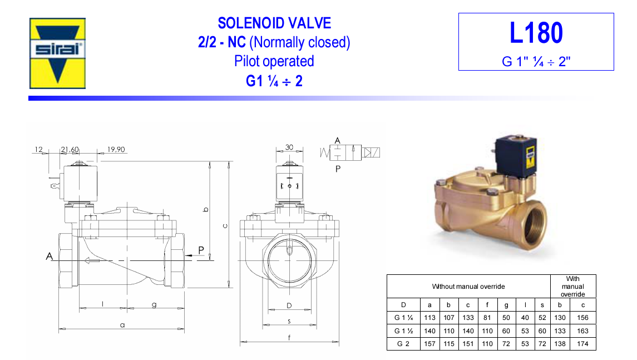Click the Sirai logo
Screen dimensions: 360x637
coord(57,53)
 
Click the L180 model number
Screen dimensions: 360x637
coord(536,33)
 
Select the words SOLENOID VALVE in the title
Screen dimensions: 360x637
coord(274,23)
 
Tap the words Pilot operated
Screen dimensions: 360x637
coord(274,61)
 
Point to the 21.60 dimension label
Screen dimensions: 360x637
coord(70,150)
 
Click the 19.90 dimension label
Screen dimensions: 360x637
coord(116,150)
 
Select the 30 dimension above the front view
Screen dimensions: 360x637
coord(289,147)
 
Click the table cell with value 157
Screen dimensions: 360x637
coord(429,344)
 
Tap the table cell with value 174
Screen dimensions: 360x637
coord(584,344)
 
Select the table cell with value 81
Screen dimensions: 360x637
coord(488,318)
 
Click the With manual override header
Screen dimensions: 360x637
coord(572,287)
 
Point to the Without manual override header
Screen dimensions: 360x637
coord(468,287)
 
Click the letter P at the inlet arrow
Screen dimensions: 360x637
coord(201,250)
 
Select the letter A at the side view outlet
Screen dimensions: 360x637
coord(50,257)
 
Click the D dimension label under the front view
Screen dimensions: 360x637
coord(289,305)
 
